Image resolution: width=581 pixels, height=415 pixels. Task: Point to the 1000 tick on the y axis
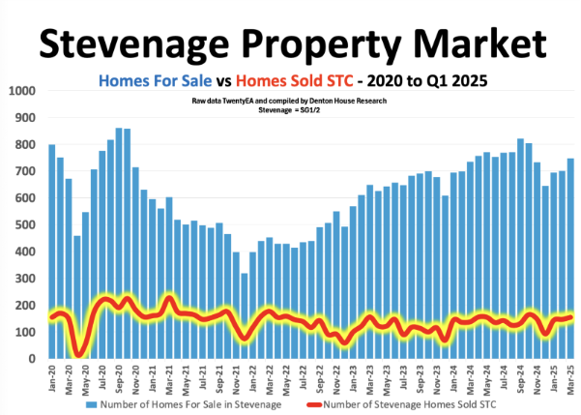[x=20, y=92]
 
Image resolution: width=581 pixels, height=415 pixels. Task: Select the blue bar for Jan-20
[x=51, y=252]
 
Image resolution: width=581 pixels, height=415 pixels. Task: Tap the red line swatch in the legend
[x=318, y=403]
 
